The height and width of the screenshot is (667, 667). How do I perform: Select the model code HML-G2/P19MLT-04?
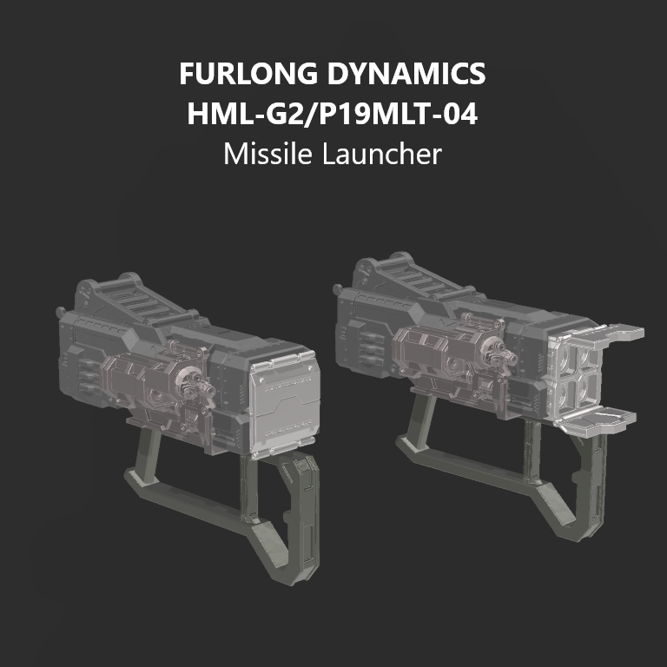[x=333, y=115]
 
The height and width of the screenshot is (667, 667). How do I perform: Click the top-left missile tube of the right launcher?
[x=561, y=359]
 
